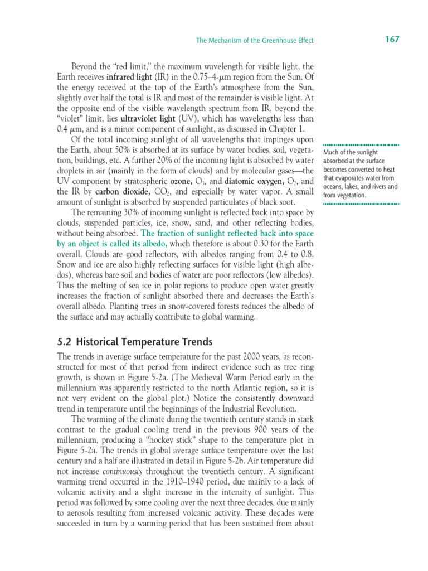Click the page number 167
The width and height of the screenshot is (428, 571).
[x=392, y=39]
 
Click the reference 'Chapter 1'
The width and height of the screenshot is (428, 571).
[x=292, y=129]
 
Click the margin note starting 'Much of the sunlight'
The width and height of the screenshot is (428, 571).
[x=360, y=173]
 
